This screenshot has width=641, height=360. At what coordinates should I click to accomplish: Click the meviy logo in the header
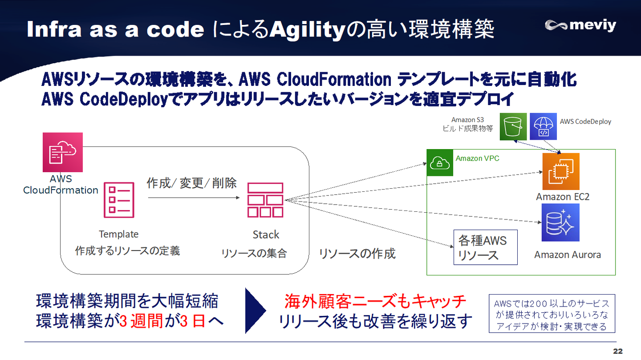click(x=580, y=25)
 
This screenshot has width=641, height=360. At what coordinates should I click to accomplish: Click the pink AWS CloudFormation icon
click(x=63, y=152)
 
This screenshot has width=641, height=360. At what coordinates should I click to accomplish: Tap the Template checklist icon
click(x=119, y=200)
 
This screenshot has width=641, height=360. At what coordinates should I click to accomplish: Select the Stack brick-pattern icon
click(x=265, y=200)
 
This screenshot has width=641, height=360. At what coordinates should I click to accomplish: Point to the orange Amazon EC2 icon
click(x=561, y=171)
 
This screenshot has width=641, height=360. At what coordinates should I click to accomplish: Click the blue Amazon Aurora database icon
click(x=560, y=222)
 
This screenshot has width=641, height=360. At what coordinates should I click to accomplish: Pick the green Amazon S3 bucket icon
click(x=513, y=126)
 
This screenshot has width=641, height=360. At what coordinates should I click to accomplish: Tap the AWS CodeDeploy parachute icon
click(x=544, y=126)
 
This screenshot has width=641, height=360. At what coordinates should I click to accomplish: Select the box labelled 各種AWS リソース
click(x=485, y=247)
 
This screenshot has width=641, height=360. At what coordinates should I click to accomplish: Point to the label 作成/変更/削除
click(x=192, y=183)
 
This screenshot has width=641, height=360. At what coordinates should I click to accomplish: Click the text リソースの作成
click(x=357, y=254)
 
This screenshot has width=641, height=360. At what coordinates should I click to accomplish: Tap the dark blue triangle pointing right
click(x=256, y=311)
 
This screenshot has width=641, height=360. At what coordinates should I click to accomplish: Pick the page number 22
click(x=618, y=352)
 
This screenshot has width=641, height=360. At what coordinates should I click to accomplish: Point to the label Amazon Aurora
click(x=568, y=255)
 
